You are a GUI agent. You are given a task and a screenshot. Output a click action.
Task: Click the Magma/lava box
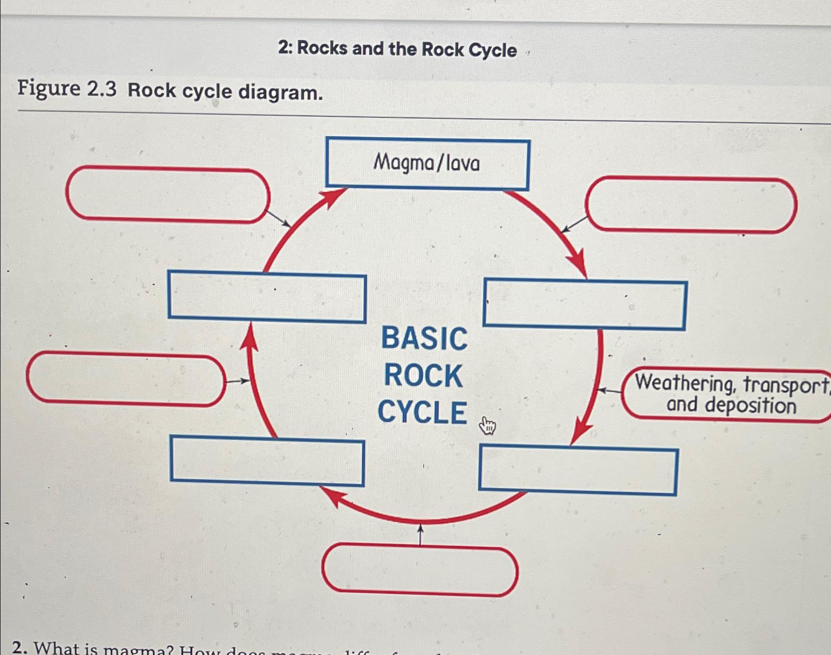tap(427, 163)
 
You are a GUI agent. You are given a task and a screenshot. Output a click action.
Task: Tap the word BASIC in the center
tap(424, 339)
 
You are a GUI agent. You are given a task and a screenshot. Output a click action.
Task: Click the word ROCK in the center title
tap(423, 376)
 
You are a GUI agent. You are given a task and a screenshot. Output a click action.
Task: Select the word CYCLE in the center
tap(422, 412)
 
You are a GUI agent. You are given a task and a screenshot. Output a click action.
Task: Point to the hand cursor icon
tap(487, 426)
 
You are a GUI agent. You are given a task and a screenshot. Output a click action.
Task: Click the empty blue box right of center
tap(585, 304)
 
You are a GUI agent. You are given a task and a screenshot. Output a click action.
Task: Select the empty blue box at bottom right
tap(578, 470)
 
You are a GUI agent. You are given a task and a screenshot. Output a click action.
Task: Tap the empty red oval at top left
tap(168, 195)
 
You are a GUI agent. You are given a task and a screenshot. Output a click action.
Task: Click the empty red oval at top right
tap(691, 204)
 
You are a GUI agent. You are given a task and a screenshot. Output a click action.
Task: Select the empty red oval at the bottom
tap(420, 571)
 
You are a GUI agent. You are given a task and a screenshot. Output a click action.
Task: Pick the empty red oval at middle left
tap(126, 380)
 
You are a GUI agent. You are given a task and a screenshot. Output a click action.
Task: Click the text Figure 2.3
tap(67, 89)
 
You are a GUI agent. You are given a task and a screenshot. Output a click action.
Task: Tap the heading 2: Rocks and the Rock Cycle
tap(397, 49)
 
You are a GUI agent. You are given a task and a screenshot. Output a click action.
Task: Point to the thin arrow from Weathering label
tap(609, 390)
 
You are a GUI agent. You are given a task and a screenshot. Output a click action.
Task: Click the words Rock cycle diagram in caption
tap(225, 91)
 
